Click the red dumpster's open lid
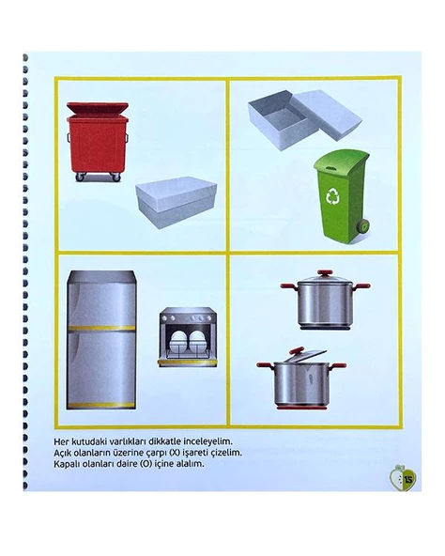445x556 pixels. (x=98, y=108)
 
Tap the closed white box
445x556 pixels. (x=176, y=202)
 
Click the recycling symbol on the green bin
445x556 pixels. (x=333, y=197)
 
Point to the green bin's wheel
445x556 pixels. (x=363, y=225)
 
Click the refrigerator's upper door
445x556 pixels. (x=101, y=299)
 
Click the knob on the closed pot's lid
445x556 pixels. (x=325, y=273)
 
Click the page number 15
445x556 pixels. (x=408, y=480)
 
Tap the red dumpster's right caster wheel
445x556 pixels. (x=116, y=177)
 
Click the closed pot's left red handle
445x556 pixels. (x=289, y=286)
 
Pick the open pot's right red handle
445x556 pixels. (x=338, y=365)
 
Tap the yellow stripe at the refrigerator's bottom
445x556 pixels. (x=101, y=405)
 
